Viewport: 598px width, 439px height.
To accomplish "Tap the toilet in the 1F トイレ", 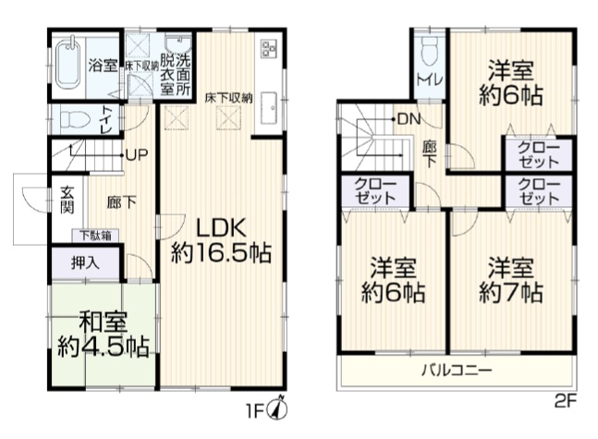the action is (x=75, y=118).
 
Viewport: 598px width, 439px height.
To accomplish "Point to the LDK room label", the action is (x=221, y=229).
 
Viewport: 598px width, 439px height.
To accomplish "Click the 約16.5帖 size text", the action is (x=221, y=252).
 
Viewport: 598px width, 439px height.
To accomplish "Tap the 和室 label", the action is (x=103, y=323).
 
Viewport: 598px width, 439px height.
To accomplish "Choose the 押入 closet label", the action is (x=85, y=262).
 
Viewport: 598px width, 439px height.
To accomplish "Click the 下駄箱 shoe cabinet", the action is (x=95, y=236).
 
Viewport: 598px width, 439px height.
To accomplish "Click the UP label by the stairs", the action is (x=137, y=155).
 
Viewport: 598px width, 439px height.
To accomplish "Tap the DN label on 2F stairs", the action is (x=409, y=119).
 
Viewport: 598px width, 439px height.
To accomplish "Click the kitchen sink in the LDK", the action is (x=269, y=108).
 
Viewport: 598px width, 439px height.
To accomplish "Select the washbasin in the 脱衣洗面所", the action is (x=178, y=45).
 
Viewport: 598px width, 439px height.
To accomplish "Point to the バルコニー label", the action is (x=457, y=371).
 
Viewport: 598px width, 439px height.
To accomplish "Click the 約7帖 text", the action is (x=511, y=293).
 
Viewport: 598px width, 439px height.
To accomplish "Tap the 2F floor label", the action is (x=566, y=401).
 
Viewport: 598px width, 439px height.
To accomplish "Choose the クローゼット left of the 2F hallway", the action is (x=376, y=191).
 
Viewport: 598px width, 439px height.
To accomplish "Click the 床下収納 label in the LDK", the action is (x=228, y=98).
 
